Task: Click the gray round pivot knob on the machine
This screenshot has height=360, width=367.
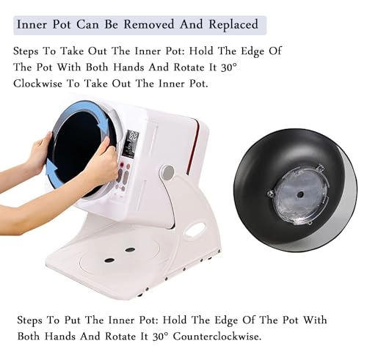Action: pyautogui.click(x=168, y=172)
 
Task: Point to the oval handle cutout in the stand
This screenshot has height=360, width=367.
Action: pyautogui.click(x=195, y=230)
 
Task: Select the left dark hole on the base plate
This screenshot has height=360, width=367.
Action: pyautogui.click(x=109, y=260)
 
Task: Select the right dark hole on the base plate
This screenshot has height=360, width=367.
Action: pyautogui.click(x=130, y=249)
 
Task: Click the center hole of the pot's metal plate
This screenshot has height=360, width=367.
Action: pyautogui.click(x=299, y=195)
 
